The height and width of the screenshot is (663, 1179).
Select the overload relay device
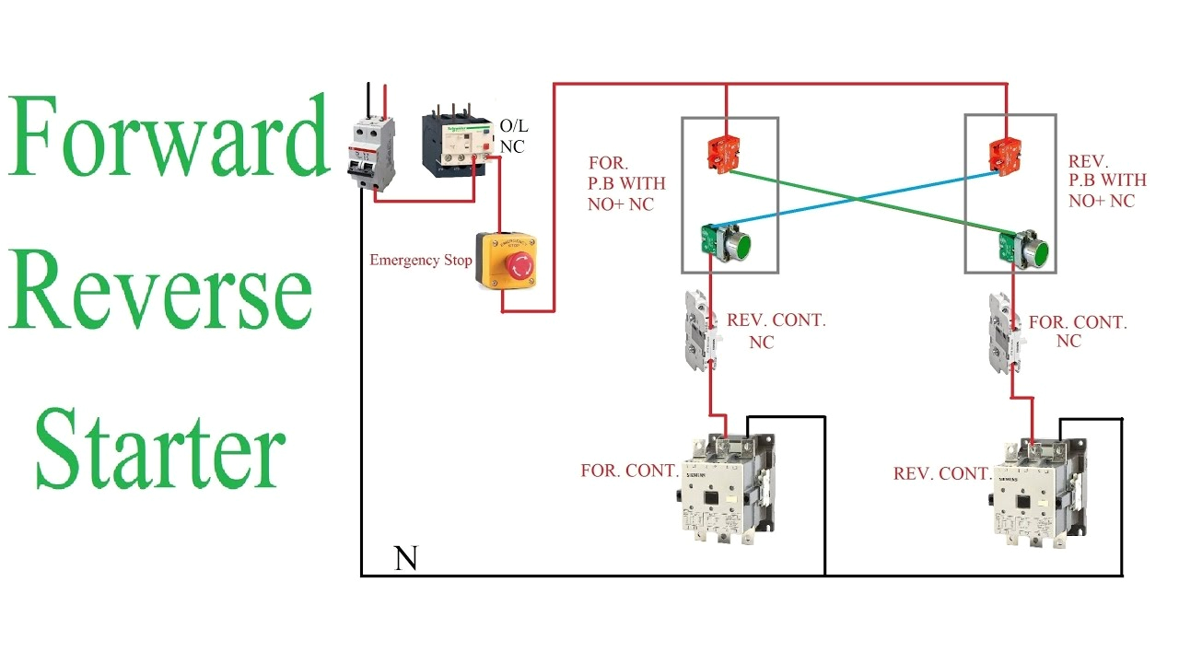tap(455, 143)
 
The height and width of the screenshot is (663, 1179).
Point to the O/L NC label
tap(512, 135)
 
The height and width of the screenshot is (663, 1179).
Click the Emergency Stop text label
tap(420, 261)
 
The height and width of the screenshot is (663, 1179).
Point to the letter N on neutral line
tap(405, 559)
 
